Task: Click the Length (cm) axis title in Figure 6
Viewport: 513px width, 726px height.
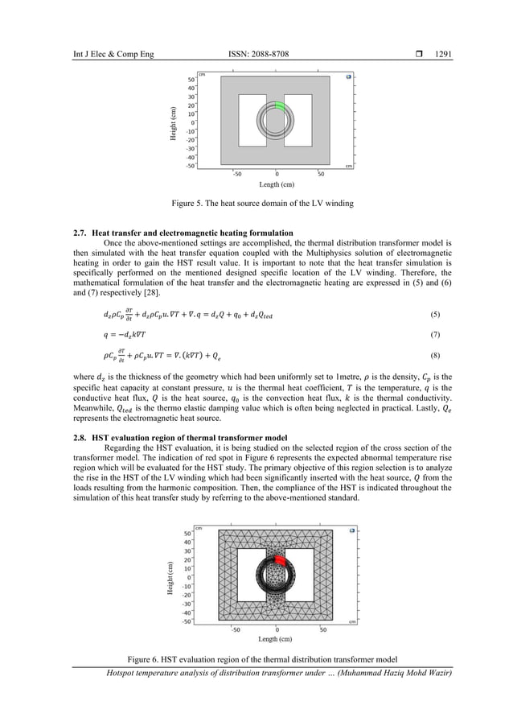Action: point(276,640)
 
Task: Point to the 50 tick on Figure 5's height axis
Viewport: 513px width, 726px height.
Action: point(191,80)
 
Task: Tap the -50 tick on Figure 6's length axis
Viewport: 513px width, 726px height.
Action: point(236,629)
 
